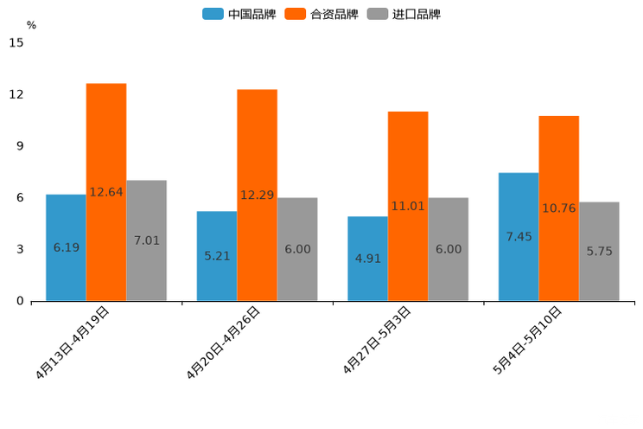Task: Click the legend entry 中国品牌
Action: [239, 14]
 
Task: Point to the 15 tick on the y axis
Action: [16, 42]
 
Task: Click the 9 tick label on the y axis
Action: [20, 146]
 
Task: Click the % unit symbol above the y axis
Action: [31, 25]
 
